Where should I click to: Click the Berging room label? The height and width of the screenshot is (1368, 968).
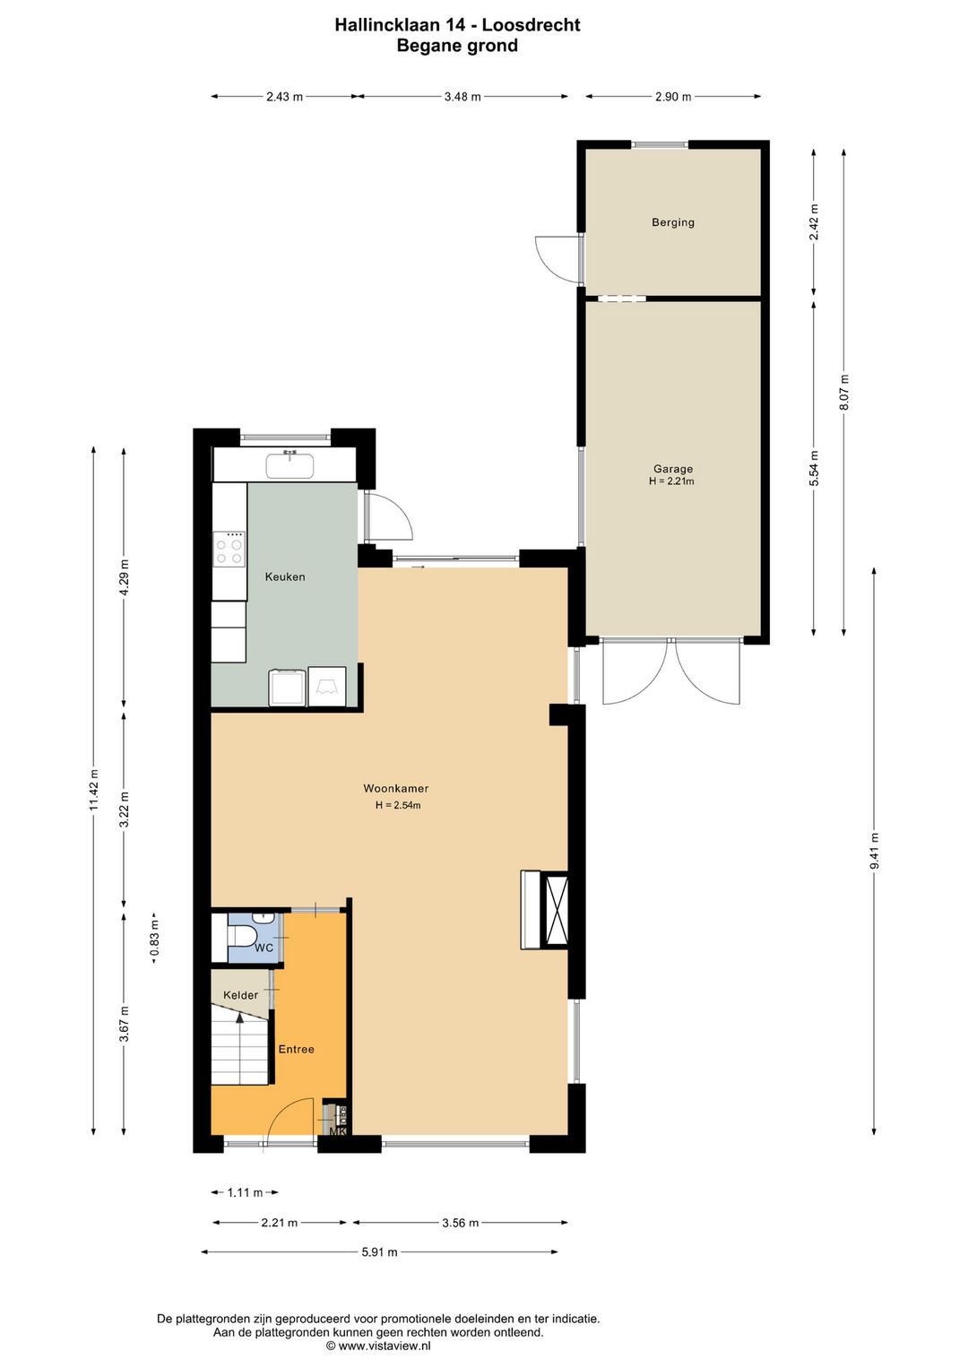pos(672,222)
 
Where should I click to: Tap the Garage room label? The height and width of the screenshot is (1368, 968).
pos(672,469)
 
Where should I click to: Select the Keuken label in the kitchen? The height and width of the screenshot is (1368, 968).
pos(285,577)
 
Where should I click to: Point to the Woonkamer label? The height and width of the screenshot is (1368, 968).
pos(395,789)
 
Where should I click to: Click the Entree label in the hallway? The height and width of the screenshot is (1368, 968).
pos(296,1050)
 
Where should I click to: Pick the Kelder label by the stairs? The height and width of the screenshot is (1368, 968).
pos(240,995)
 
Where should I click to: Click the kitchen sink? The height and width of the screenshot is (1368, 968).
pos(290,466)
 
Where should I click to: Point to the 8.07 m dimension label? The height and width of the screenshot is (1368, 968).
pos(843,393)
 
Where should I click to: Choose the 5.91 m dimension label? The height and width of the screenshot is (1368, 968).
pos(379,1252)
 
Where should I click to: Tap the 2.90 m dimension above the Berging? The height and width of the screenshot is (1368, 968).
pos(672,97)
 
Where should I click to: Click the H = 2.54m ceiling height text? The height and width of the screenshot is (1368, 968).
pos(398,805)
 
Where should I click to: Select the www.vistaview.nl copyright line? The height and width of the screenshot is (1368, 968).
pos(378,1346)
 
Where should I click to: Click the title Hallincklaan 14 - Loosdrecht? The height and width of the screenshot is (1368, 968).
pos(457,25)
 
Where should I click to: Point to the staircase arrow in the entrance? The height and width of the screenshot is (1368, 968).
pos(239,1019)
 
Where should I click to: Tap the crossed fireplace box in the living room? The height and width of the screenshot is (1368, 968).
pos(556,910)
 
